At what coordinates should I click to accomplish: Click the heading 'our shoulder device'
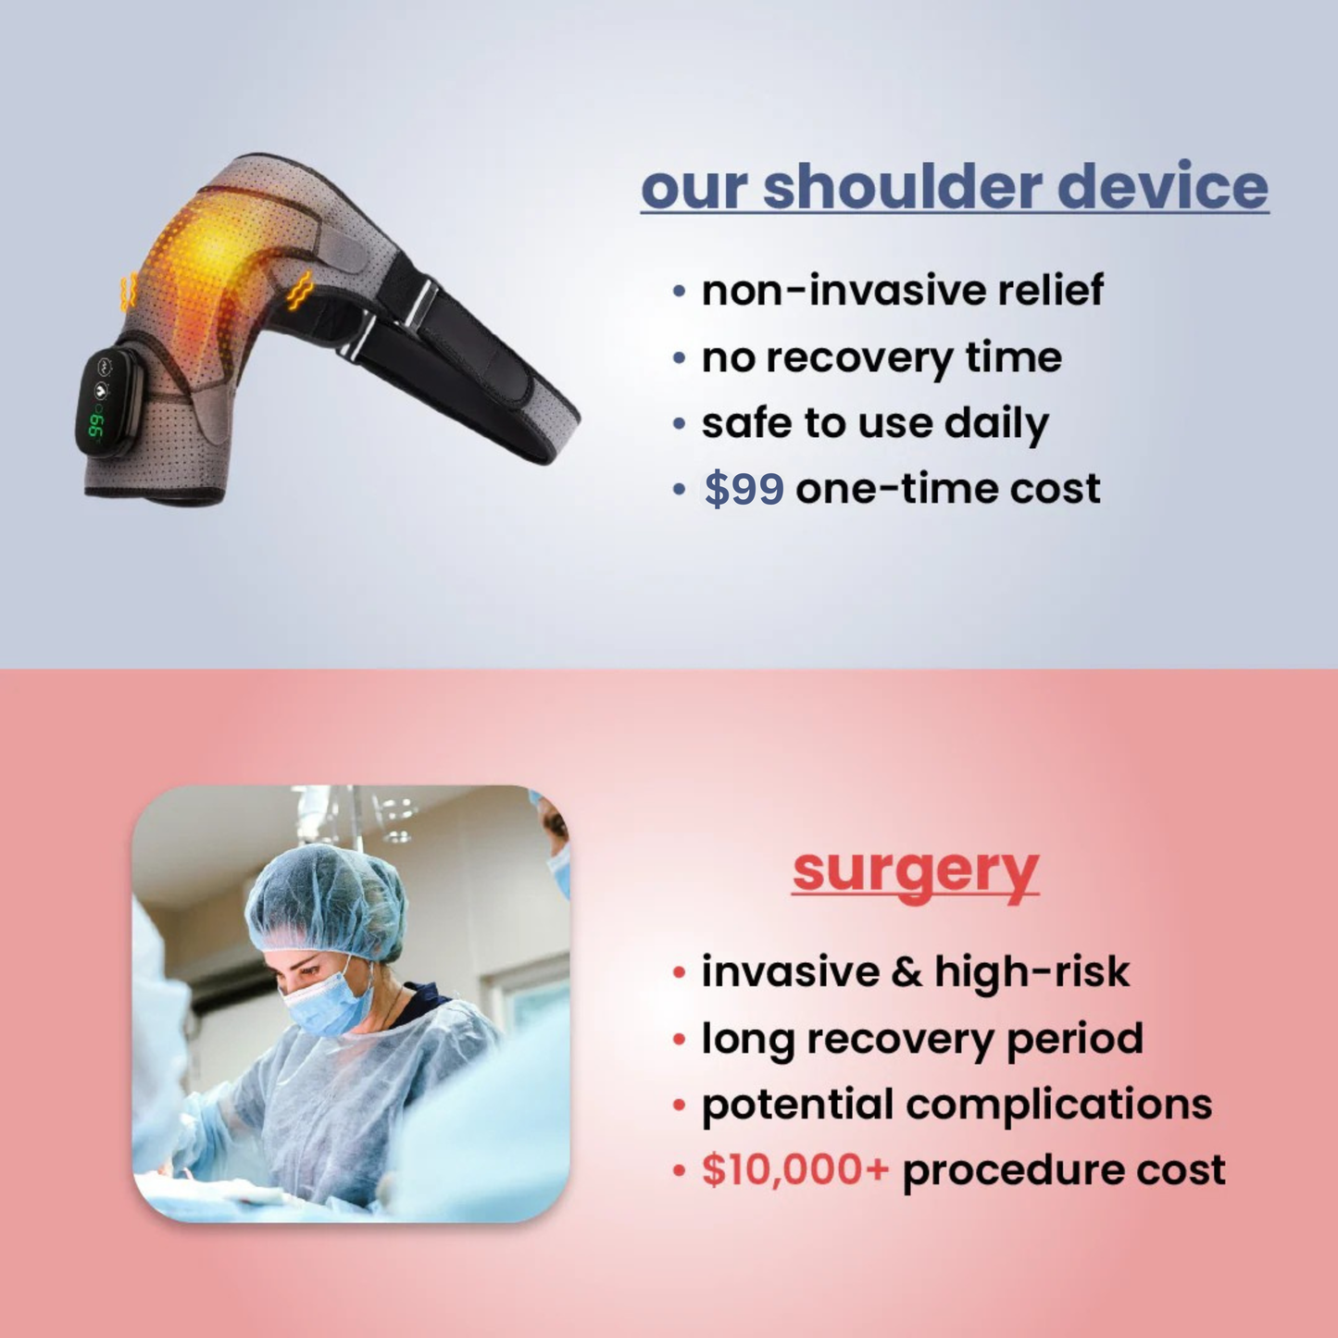pyautogui.click(x=954, y=187)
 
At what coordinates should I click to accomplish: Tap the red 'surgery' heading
pyautogui.click(x=915, y=870)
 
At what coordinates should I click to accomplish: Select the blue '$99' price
pyautogui.click(x=744, y=488)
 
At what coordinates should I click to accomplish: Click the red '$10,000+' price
pyautogui.click(x=794, y=1169)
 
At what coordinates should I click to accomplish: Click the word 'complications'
pyautogui.click(x=1058, y=1104)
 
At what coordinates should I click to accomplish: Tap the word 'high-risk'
pyautogui.click(x=1032, y=971)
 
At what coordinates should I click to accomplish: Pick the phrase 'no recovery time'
pyautogui.click(x=881, y=357)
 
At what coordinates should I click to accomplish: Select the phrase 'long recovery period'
pyautogui.click(x=921, y=1038)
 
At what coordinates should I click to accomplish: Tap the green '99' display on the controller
pyautogui.click(x=95, y=426)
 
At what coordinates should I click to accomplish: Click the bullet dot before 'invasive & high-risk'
pyautogui.click(x=680, y=972)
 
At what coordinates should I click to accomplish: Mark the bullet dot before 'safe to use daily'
pyautogui.click(x=680, y=424)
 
